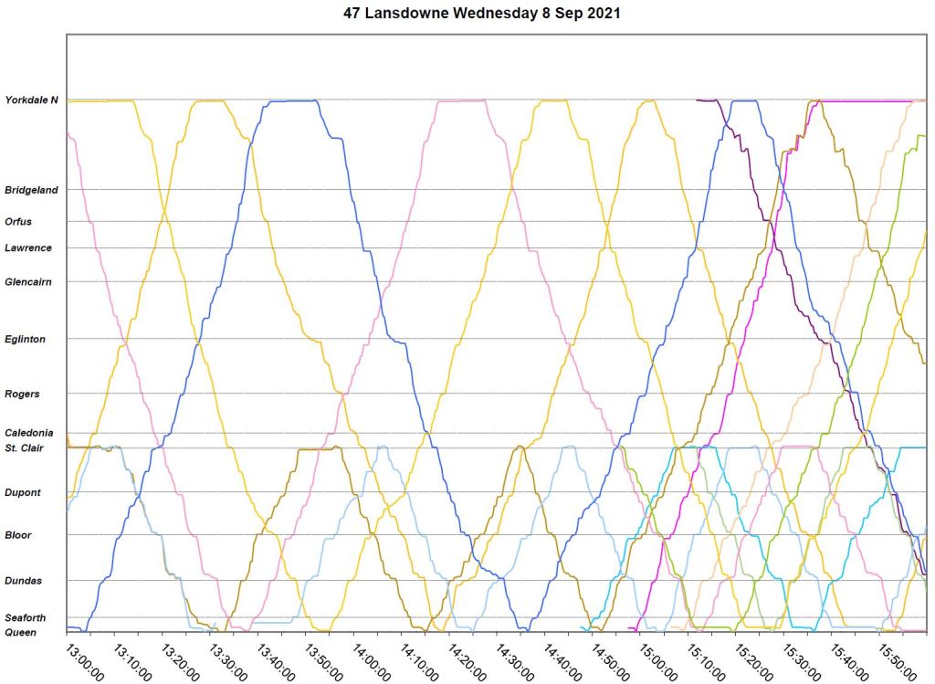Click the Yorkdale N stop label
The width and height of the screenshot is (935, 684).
(x=31, y=100)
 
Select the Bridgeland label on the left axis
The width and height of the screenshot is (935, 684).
(x=31, y=190)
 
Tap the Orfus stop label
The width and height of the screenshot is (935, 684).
(x=18, y=221)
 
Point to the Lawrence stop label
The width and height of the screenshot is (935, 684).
(x=27, y=247)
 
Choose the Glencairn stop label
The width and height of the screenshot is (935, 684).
(x=27, y=281)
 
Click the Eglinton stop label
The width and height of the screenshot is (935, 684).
(x=25, y=339)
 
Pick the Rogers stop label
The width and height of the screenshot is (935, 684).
(x=22, y=394)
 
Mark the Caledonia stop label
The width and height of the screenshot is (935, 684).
(x=29, y=433)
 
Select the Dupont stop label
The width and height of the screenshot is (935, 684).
(x=22, y=492)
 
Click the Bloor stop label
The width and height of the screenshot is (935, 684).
(x=18, y=535)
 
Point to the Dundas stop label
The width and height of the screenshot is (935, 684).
(x=22, y=580)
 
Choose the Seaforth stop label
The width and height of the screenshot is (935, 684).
(x=25, y=618)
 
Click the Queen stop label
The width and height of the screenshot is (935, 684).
(x=20, y=632)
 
